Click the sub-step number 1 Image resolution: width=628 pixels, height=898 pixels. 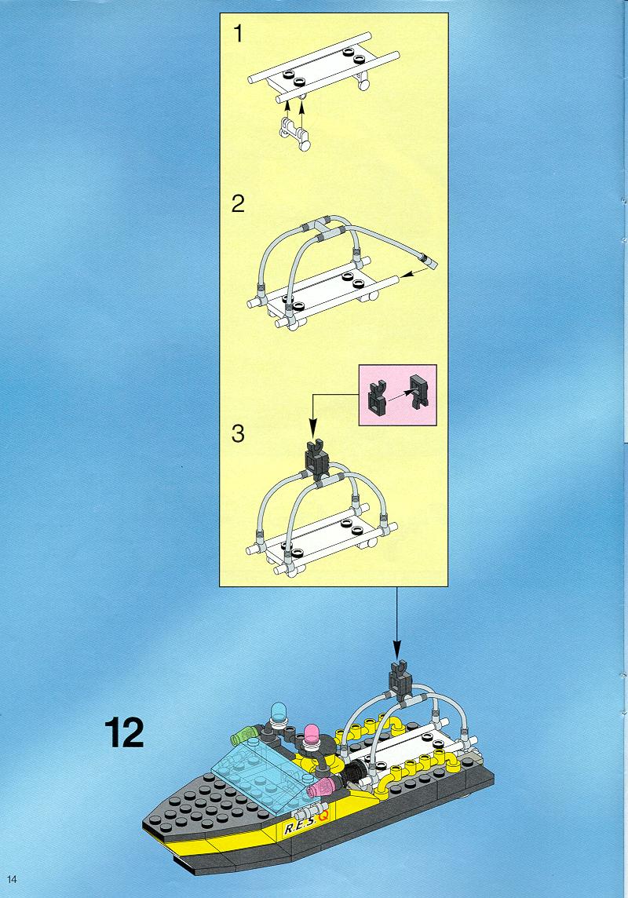click(x=238, y=35)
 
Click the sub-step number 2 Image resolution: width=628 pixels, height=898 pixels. click(x=238, y=203)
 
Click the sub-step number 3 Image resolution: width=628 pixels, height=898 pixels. click(x=238, y=433)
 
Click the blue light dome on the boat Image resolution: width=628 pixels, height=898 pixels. click(x=280, y=711)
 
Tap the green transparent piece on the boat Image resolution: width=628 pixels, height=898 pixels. click(x=244, y=734)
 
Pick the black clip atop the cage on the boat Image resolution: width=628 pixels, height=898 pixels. click(x=400, y=680)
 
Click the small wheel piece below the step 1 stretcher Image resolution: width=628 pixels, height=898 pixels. click(x=294, y=133)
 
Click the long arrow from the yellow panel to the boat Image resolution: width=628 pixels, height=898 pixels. click(x=396, y=624)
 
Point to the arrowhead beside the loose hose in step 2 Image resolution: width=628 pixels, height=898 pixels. click(x=406, y=276)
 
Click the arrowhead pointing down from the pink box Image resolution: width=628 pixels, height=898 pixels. click(x=312, y=427)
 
